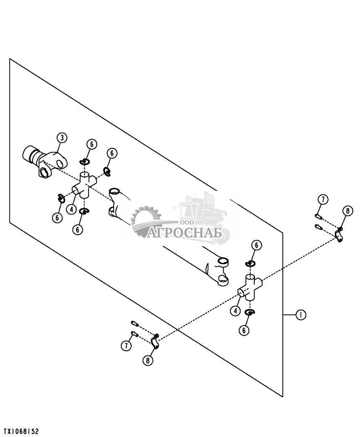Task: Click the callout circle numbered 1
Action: click(x=300, y=315)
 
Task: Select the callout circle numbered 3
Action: click(x=62, y=137)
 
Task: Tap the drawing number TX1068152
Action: click(x=21, y=431)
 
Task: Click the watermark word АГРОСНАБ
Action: click(x=184, y=232)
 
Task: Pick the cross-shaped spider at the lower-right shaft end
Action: click(x=250, y=288)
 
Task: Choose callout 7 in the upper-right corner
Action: click(x=322, y=200)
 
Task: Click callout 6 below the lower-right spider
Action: click(x=244, y=330)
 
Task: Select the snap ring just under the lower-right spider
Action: click(x=250, y=312)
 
